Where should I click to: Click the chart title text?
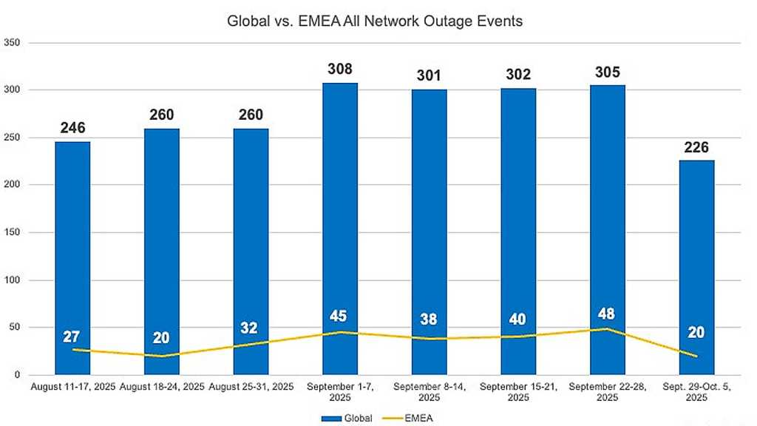[374, 21]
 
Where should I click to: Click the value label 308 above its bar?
[339, 70]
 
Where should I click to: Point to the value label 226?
[696, 147]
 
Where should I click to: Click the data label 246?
[72, 129]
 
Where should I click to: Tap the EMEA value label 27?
[72, 337]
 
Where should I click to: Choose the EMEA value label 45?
[339, 316]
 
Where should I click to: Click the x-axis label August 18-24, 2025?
[161, 387]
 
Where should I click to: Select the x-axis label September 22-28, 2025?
[607, 392]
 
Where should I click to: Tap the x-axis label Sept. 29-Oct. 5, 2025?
[696, 392]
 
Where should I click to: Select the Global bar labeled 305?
[607, 222]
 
